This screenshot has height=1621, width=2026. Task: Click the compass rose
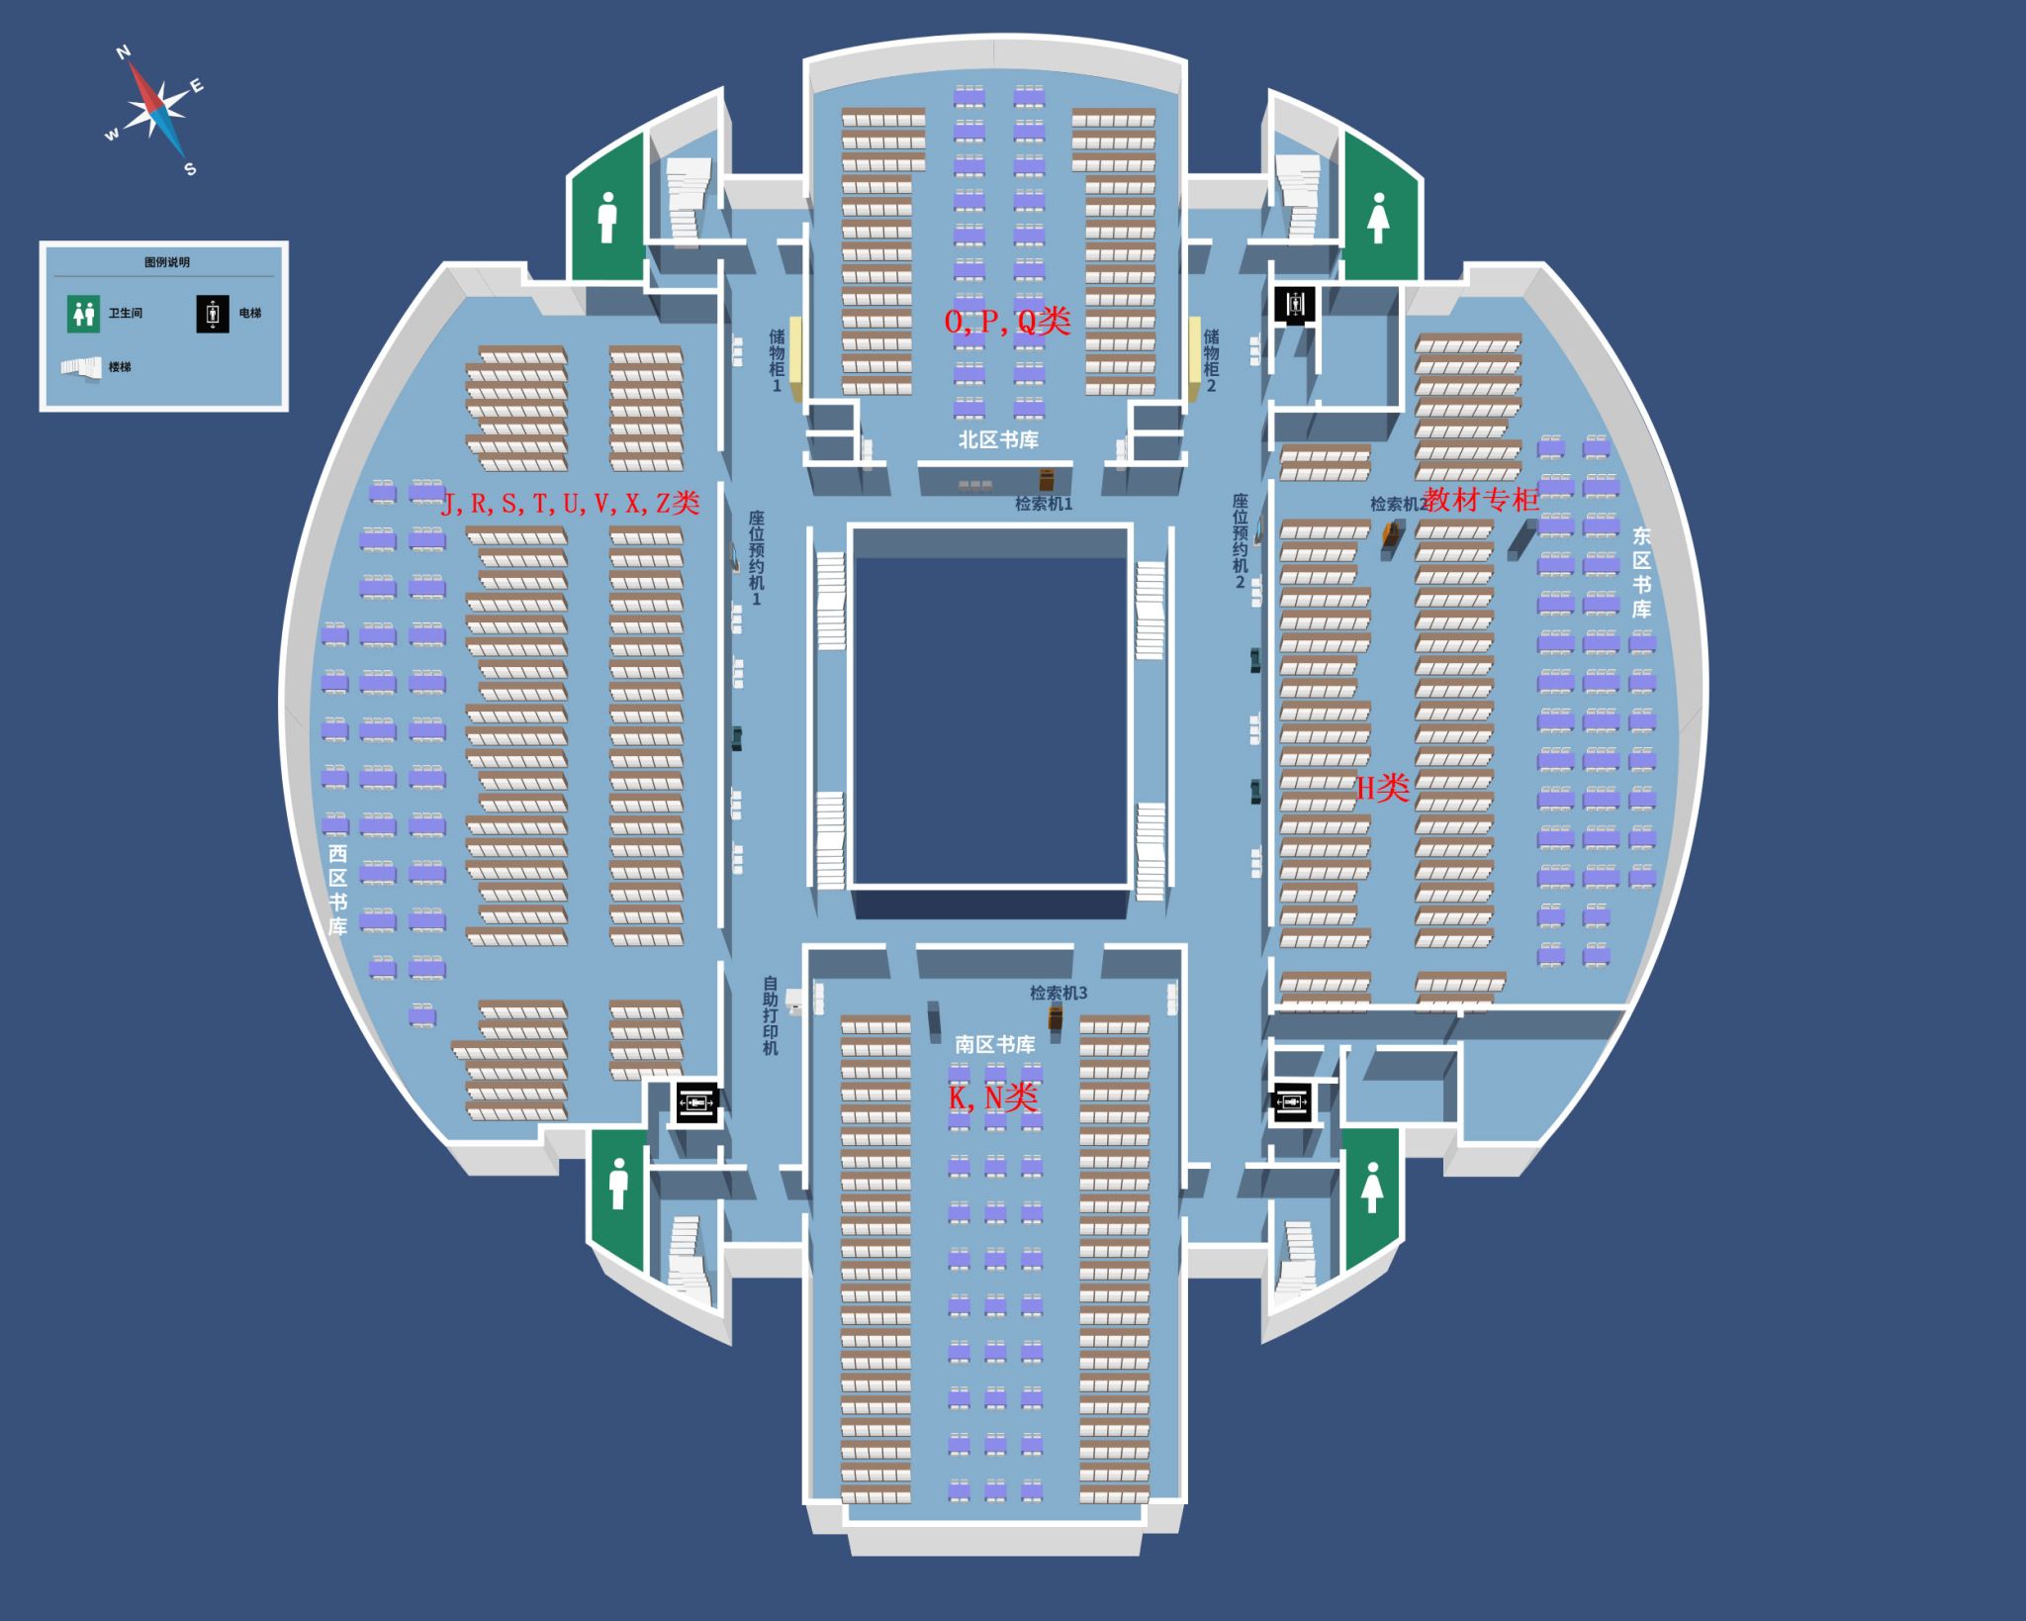(x=156, y=108)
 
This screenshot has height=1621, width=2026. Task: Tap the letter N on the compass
(x=124, y=52)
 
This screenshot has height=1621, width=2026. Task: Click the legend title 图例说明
(x=166, y=262)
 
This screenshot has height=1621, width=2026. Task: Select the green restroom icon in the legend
(x=84, y=314)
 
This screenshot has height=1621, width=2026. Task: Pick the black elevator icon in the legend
(x=212, y=314)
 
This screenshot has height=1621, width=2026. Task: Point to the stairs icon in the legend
(x=81, y=367)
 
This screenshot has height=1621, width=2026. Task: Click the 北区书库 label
(x=998, y=439)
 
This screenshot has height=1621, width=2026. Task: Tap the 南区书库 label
(x=995, y=1044)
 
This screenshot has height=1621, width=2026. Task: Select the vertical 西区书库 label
(x=338, y=890)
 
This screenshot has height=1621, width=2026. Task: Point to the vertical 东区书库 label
(x=1641, y=573)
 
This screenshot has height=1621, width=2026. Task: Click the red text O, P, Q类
(x=1007, y=321)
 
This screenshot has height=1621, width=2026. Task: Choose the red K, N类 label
(x=993, y=1097)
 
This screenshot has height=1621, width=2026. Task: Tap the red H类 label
(x=1382, y=788)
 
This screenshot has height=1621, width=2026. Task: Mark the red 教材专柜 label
(x=1481, y=500)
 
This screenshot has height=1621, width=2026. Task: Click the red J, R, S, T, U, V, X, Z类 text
(x=571, y=503)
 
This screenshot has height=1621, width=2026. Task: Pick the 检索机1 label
(x=1044, y=504)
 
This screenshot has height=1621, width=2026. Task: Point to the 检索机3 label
(x=1059, y=993)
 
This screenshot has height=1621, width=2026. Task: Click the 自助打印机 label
(x=771, y=1016)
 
